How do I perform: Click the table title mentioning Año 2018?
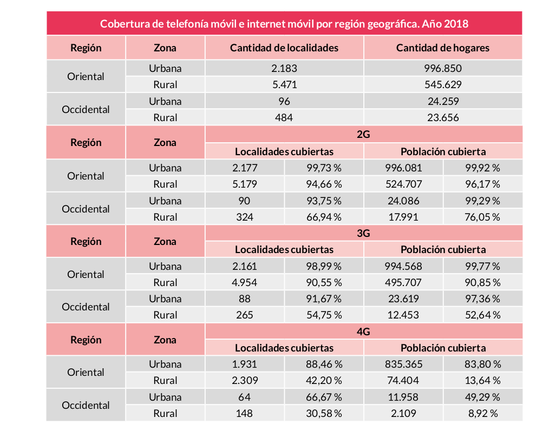(x=284, y=24)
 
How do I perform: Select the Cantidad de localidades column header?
(x=284, y=48)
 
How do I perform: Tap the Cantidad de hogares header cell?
(x=442, y=48)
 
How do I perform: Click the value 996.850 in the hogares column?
(x=442, y=69)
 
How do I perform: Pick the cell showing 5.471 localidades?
(x=284, y=85)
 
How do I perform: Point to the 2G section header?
(x=363, y=135)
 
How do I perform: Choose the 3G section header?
(x=363, y=233)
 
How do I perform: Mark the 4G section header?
(x=363, y=331)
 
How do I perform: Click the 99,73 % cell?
(x=324, y=168)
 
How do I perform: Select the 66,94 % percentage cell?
(x=324, y=217)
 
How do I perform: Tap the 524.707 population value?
(x=403, y=184)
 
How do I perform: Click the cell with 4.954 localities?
(x=244, y=282)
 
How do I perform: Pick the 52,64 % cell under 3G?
(x=482, y=315)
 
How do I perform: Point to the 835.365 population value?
(x=403, y=364)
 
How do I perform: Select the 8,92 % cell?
(x=482, y=413)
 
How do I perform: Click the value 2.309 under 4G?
(x=244, y=381)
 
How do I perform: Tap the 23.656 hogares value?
(x=442, y=117)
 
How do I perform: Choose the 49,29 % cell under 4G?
(x=482, y=397)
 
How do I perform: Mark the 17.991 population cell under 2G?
(x=403, y=217)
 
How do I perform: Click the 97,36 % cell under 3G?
(x=482, y=299)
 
